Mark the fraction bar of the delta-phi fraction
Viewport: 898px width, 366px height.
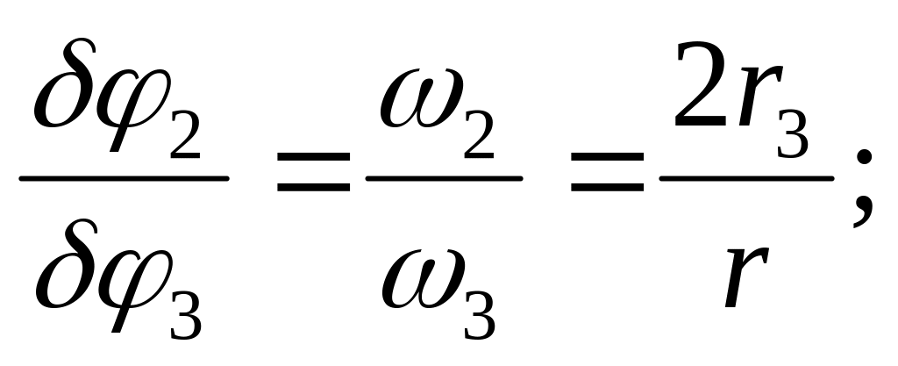124,178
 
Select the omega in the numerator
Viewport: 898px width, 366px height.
415,104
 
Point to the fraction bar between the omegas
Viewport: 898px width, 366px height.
444,178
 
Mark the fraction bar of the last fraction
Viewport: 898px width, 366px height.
746,178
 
